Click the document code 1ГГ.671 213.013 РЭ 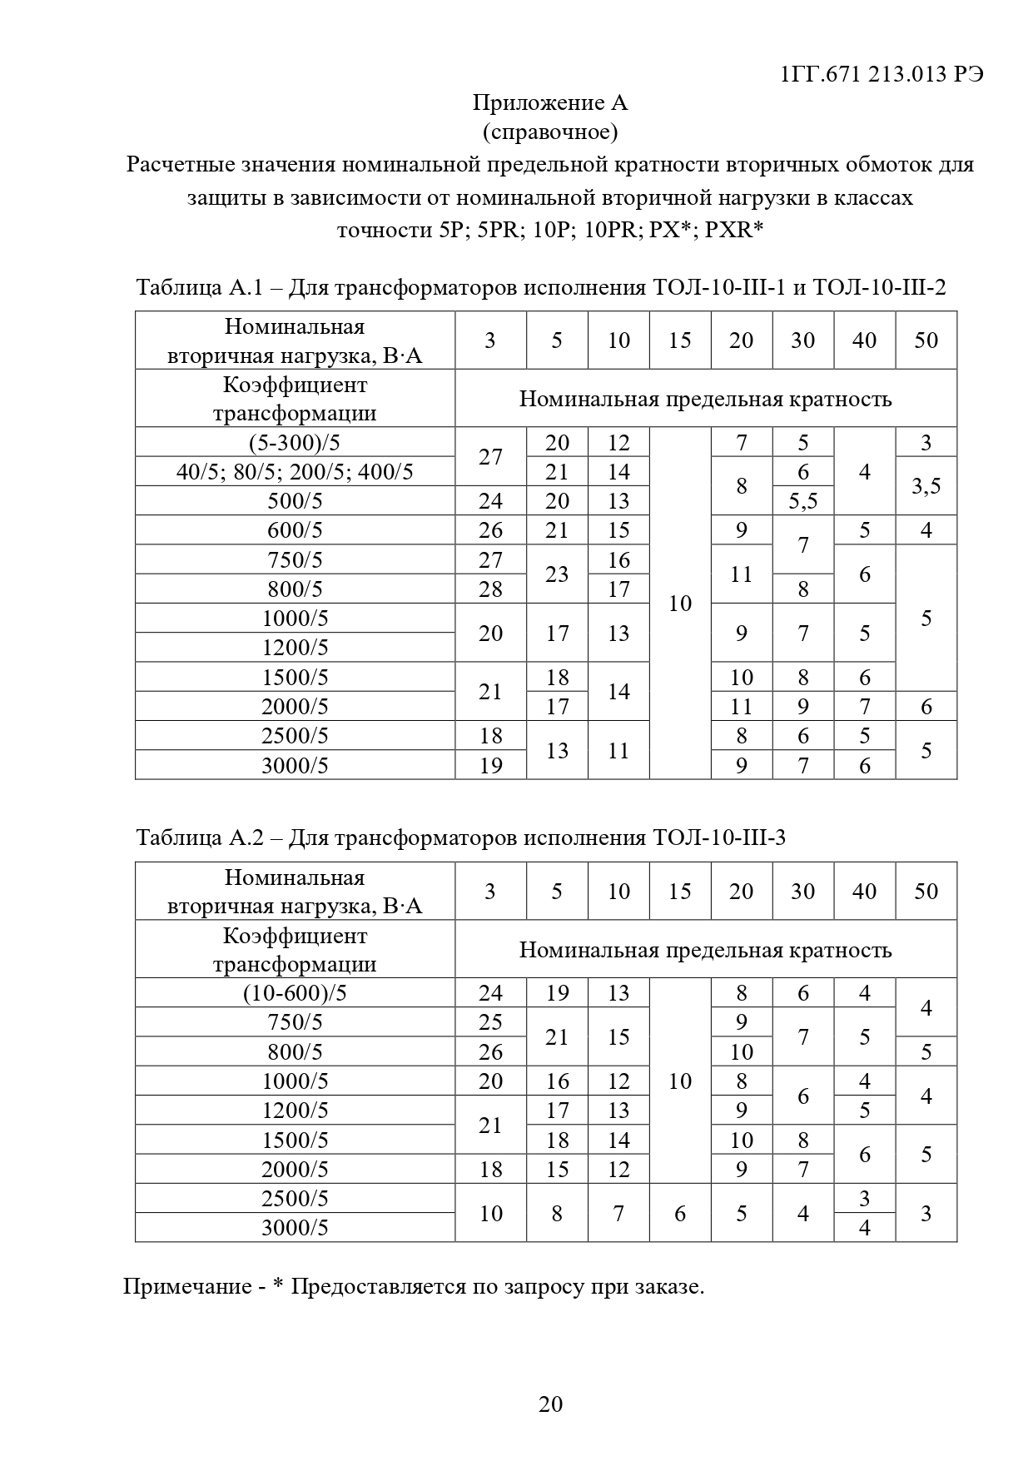point(882,74)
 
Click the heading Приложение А point(549,102)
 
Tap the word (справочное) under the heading point(549,132)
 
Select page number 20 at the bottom point(550,1404)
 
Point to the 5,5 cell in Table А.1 point(802,501)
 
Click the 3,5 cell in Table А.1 point(926,486)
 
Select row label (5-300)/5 point(295,442)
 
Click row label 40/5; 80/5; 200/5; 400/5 point(295,472)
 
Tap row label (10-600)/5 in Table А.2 point(295,993)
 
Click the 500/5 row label point(295,501)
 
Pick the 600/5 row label point(295,530)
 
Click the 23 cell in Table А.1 point(557,574)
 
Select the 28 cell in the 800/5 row point(490,589)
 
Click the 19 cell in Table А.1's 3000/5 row point(490,765)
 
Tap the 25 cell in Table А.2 point(490,1022)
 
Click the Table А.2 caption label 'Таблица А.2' point(200,837)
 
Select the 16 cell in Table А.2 point(557,1081)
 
